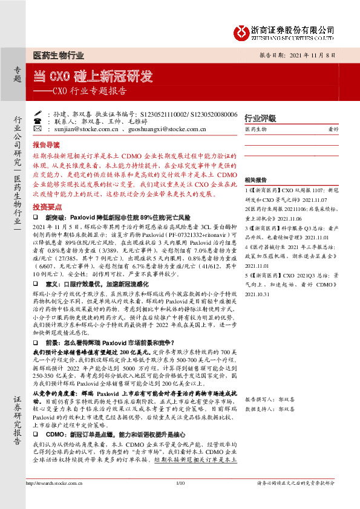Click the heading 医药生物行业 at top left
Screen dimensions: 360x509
click(57, 56)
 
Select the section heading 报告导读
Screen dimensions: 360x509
click(47, 145)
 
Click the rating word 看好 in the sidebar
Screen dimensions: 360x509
click(332, 129)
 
